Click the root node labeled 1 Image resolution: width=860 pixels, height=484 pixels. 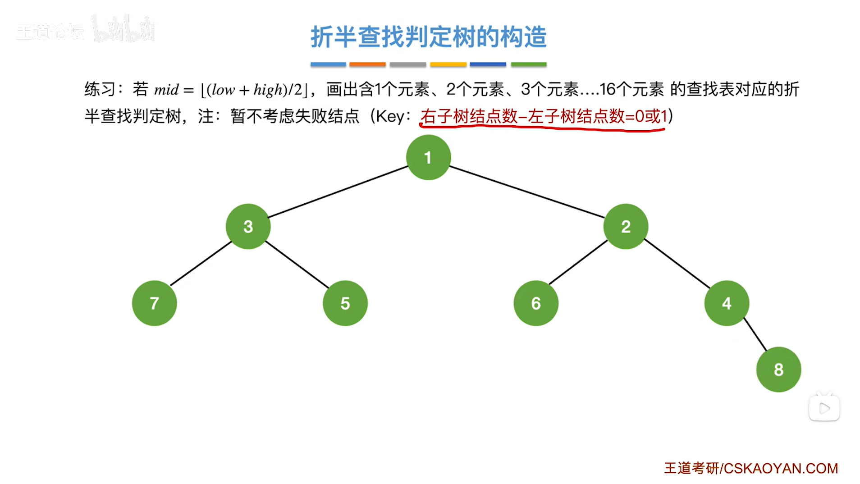(x=428, y=158)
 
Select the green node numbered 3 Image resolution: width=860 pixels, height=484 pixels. (x=248, y=226)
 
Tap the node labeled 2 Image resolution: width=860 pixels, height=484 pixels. (x=626, y=226)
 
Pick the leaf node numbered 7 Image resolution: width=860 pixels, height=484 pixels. (x=154, y=303)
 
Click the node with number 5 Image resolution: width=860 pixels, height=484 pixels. (x=345, y=303)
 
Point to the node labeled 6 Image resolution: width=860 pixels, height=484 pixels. (x=536, y=303)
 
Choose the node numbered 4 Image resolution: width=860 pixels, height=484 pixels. (x=727, y=303)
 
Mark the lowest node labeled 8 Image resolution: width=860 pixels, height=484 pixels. (x=778, y=370)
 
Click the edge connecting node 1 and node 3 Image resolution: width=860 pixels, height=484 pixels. (x=338, y=192)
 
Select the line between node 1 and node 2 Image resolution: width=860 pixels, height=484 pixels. (x=527, y=192)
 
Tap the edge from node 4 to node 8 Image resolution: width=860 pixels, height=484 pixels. (x=755, y=334)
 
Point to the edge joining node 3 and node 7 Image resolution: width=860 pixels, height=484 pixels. (x=201, y=264)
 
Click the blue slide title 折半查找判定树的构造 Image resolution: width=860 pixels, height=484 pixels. (x=428, y=37)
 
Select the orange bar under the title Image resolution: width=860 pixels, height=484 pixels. (x=367, y=64)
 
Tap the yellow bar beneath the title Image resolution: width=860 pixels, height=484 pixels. (x=448, y=64)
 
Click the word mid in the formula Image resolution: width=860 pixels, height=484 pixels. (x=166, y=90)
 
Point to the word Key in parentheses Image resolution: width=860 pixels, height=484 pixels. (x=390, y=116)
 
